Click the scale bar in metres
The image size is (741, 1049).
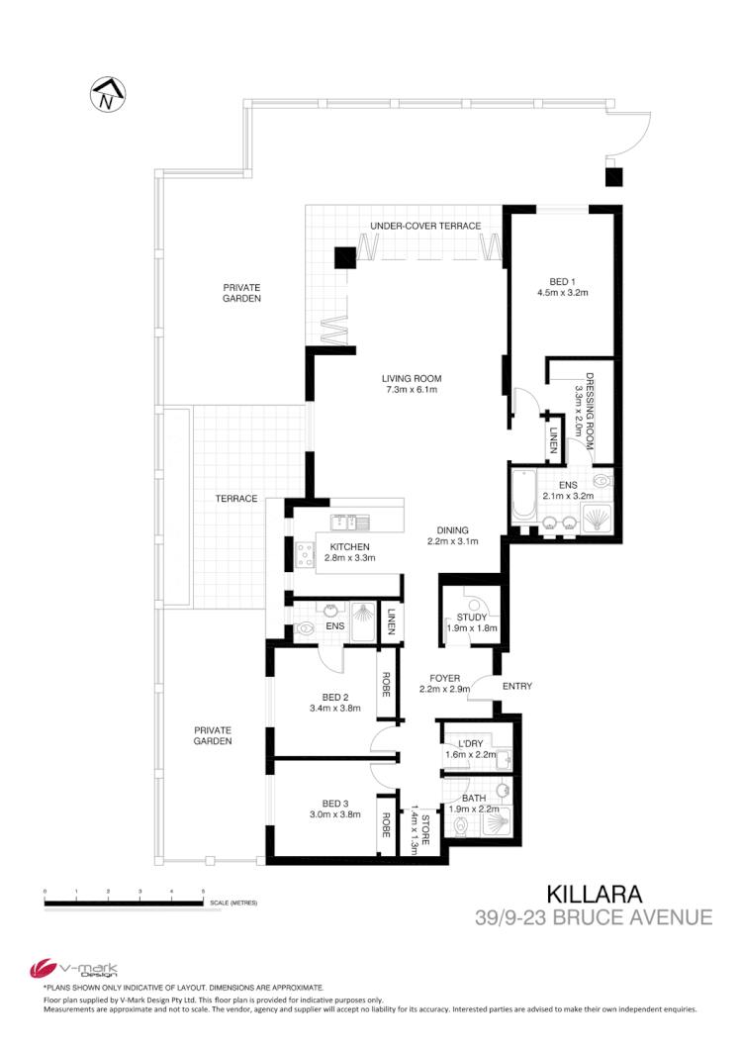(x=124, y=902)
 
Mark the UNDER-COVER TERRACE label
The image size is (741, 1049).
(x=425, y=227)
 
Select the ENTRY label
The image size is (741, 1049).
(x=517, y=687)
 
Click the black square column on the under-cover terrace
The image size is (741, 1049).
(x=343, y=257)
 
